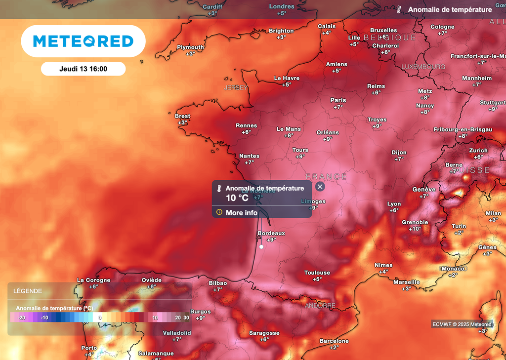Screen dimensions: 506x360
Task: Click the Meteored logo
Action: coord(83,41)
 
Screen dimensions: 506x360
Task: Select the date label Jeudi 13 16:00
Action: coord(83,69)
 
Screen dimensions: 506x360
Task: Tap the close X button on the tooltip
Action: coord(320,187)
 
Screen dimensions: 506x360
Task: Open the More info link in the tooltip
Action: coord(241,213)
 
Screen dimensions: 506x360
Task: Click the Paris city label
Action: coord(338,100)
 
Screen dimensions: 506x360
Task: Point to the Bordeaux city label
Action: coord(271,233)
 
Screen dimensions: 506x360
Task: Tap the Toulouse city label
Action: coord(317,273)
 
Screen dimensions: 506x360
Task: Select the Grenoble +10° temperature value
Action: coord(415,229)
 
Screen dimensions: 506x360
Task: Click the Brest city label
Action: coord(182,116)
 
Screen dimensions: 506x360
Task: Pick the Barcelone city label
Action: coord(334,341)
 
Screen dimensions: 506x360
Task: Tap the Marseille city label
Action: coord(406,282)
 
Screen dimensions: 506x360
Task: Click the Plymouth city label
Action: coord(190,47)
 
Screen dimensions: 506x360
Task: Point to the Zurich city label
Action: coord(478,151)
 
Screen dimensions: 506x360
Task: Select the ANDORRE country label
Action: coord(320,306)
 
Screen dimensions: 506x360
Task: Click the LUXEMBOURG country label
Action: coord(423,67)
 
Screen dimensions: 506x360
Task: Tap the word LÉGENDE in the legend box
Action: coord(28,291)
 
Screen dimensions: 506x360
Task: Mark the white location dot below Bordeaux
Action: coord(261,246)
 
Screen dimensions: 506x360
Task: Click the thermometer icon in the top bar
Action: coord(399,9)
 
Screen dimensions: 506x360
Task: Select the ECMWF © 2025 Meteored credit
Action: coord(462,324)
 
